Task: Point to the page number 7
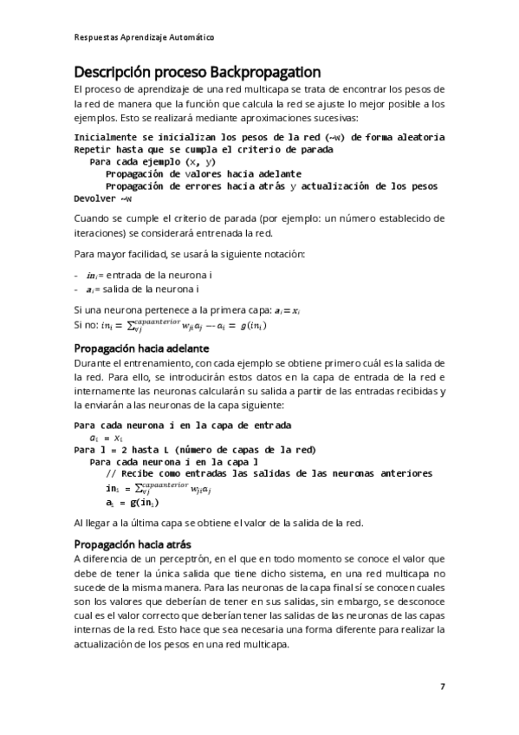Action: [x=443, y=686]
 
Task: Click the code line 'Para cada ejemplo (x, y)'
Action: [x=152, y=161]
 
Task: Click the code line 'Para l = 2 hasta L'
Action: [x=195, y=450]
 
